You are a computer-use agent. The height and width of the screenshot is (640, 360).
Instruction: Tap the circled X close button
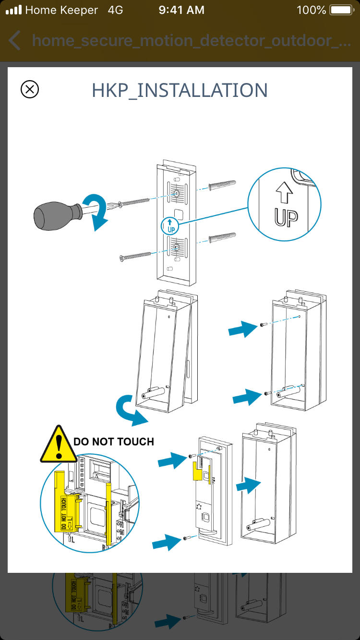(30, 89)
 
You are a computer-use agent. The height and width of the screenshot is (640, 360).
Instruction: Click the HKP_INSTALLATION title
(180, 90)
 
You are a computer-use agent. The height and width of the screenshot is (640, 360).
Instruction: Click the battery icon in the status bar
(341, 10)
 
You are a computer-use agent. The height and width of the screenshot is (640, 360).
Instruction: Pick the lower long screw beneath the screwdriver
(139, 254)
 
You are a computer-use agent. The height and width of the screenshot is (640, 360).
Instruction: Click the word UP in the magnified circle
(286, 217)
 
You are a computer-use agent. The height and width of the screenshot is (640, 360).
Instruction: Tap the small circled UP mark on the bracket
(170, 225)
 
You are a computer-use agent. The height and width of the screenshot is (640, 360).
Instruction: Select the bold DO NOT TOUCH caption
(114, 441)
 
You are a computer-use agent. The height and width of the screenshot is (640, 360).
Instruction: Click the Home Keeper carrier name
(61, 10)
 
